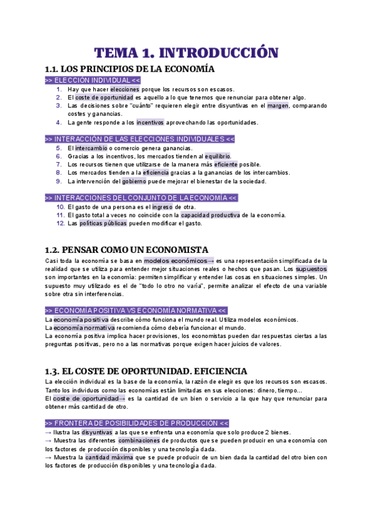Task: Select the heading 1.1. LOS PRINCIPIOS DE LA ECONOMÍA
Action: coord(130,69)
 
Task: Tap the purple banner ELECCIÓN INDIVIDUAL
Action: coord(93,81)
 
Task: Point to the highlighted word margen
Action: coord(278,106)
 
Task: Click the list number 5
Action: coord(59,148)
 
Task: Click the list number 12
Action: coord(60,223)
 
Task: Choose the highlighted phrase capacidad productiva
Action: coord(210,215)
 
